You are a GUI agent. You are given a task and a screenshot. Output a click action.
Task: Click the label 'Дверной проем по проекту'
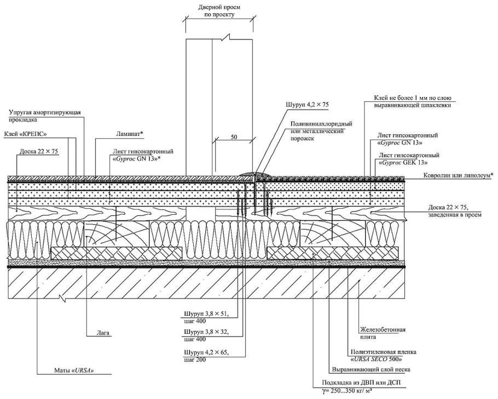pos(218,11)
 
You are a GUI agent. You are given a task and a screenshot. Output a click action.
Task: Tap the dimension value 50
pos(234,138)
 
